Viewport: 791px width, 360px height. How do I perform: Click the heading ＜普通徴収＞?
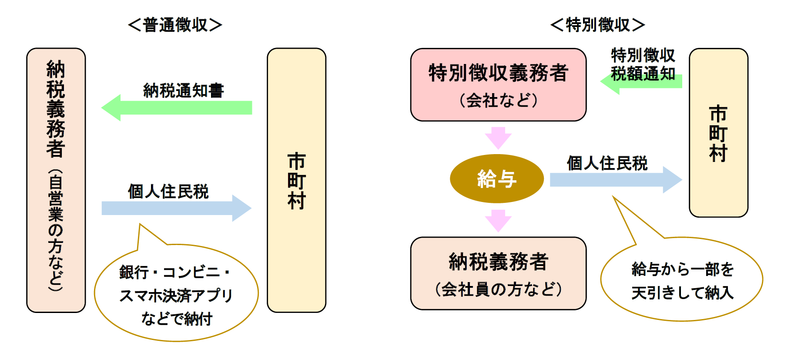coord(175,25)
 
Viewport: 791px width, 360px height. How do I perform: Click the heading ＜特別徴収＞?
coord(597,25)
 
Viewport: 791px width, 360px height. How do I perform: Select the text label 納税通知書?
coord(183,91)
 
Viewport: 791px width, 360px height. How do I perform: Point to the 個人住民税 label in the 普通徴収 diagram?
coord(168,191)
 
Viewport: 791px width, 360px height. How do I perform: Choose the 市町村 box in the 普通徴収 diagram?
coord(296,180)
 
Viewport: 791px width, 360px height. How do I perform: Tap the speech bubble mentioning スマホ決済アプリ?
coord(176,294)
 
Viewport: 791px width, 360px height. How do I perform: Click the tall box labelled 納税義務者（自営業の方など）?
coord(56,180)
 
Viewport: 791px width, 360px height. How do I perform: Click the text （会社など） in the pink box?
coord(498,101)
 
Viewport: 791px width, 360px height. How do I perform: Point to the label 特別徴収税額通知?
coord(643,64)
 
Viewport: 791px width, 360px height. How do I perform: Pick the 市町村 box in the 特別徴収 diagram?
coord(718,133)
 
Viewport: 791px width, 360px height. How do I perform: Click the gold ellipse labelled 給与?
coord(496,178)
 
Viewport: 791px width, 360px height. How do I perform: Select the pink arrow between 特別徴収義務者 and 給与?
coord(498,138)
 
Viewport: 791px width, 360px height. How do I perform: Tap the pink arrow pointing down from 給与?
coord(498,220)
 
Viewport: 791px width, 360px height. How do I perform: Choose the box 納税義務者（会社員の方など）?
coord(498,273)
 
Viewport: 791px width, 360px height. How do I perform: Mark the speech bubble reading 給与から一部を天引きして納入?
coord(682,280)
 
